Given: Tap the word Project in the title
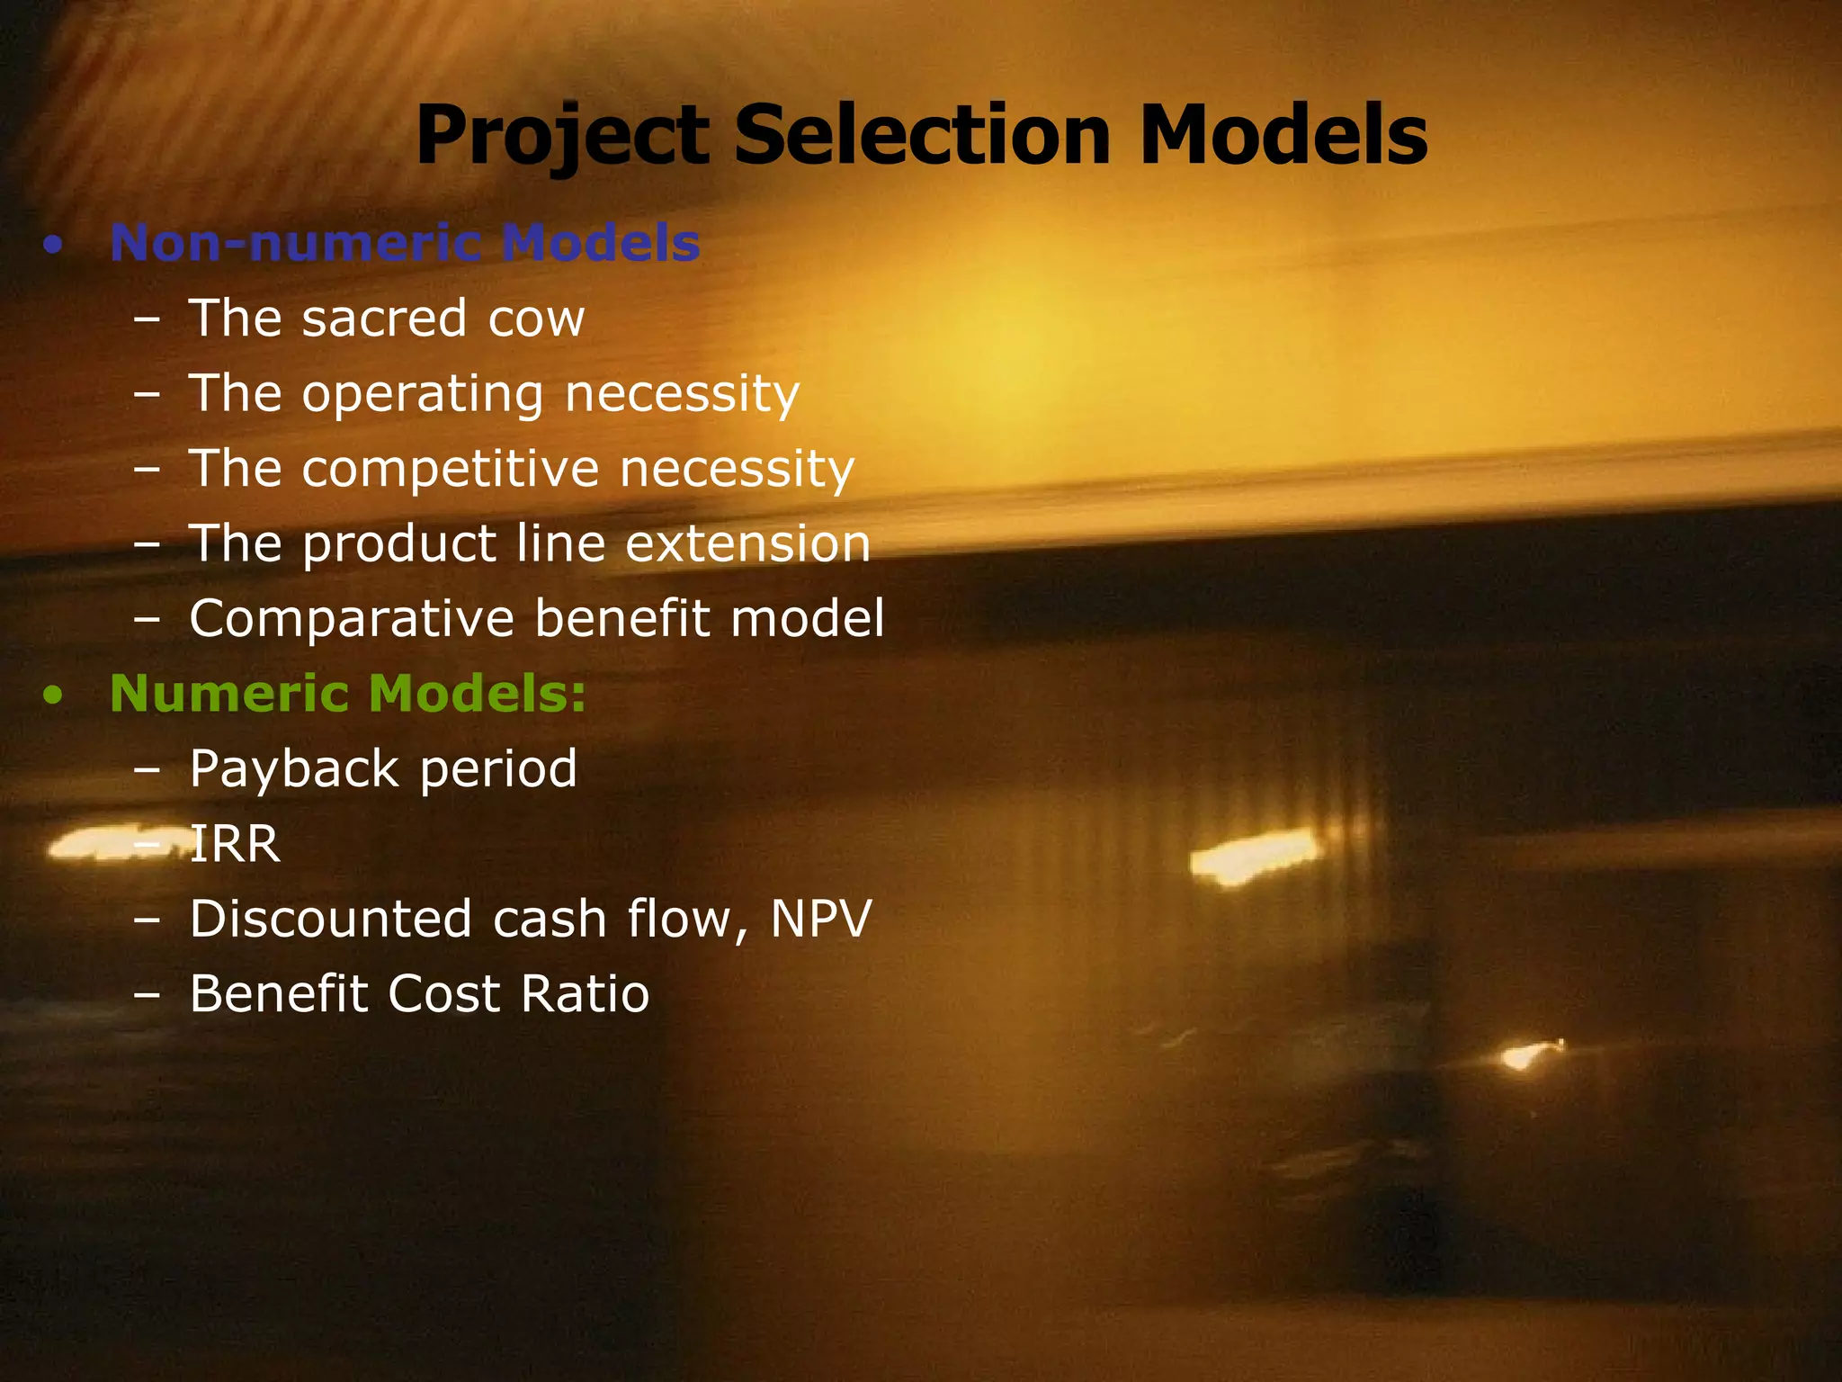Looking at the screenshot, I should pyautogui.click(x=562, y=137).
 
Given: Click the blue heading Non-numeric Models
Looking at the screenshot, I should pyautogui.click(x=405, y=243).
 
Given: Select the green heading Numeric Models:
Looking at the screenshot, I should pyautogui.click(x=347, y=694).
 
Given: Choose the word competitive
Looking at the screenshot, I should pyautogui.click(x=450, y=471).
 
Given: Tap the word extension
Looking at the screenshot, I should pyautogui.click(x=747, y=544).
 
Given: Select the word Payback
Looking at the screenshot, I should pyautogui.click(x=294, y=770).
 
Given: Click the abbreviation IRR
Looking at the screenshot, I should pyautogui.click(x=235, y=845).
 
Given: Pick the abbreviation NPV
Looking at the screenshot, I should pyautogui.click(x=820, y=920).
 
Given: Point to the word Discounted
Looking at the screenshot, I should pyautogui.click(x=330, y=920).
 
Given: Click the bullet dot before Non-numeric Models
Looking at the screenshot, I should pyautogui.click(x=54, y=245).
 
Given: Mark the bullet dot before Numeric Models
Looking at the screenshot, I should pyautogui.click(x=54, y=695).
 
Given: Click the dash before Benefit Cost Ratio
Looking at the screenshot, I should pyautogui.click(x=146, y=995).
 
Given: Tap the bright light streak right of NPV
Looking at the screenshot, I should pyautogui.click(x=1255, y=856).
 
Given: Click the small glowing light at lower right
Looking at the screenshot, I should pyautogui.click(x=1527, y=1054).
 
